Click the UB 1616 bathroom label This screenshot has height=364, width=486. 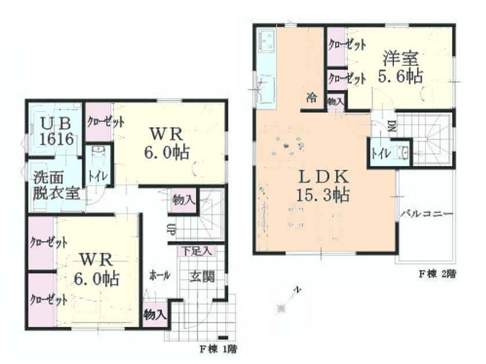[56, 131]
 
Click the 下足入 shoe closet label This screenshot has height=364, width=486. [197, 251]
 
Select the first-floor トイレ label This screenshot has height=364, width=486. [96, 177]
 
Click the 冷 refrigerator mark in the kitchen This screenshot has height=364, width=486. [312, 98]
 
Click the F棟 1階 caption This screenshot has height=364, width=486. [218, 348]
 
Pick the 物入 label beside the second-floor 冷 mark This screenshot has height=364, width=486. [336, 101]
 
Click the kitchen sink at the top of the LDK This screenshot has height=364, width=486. [268, 42]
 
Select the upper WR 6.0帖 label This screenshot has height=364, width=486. [167, 142]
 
